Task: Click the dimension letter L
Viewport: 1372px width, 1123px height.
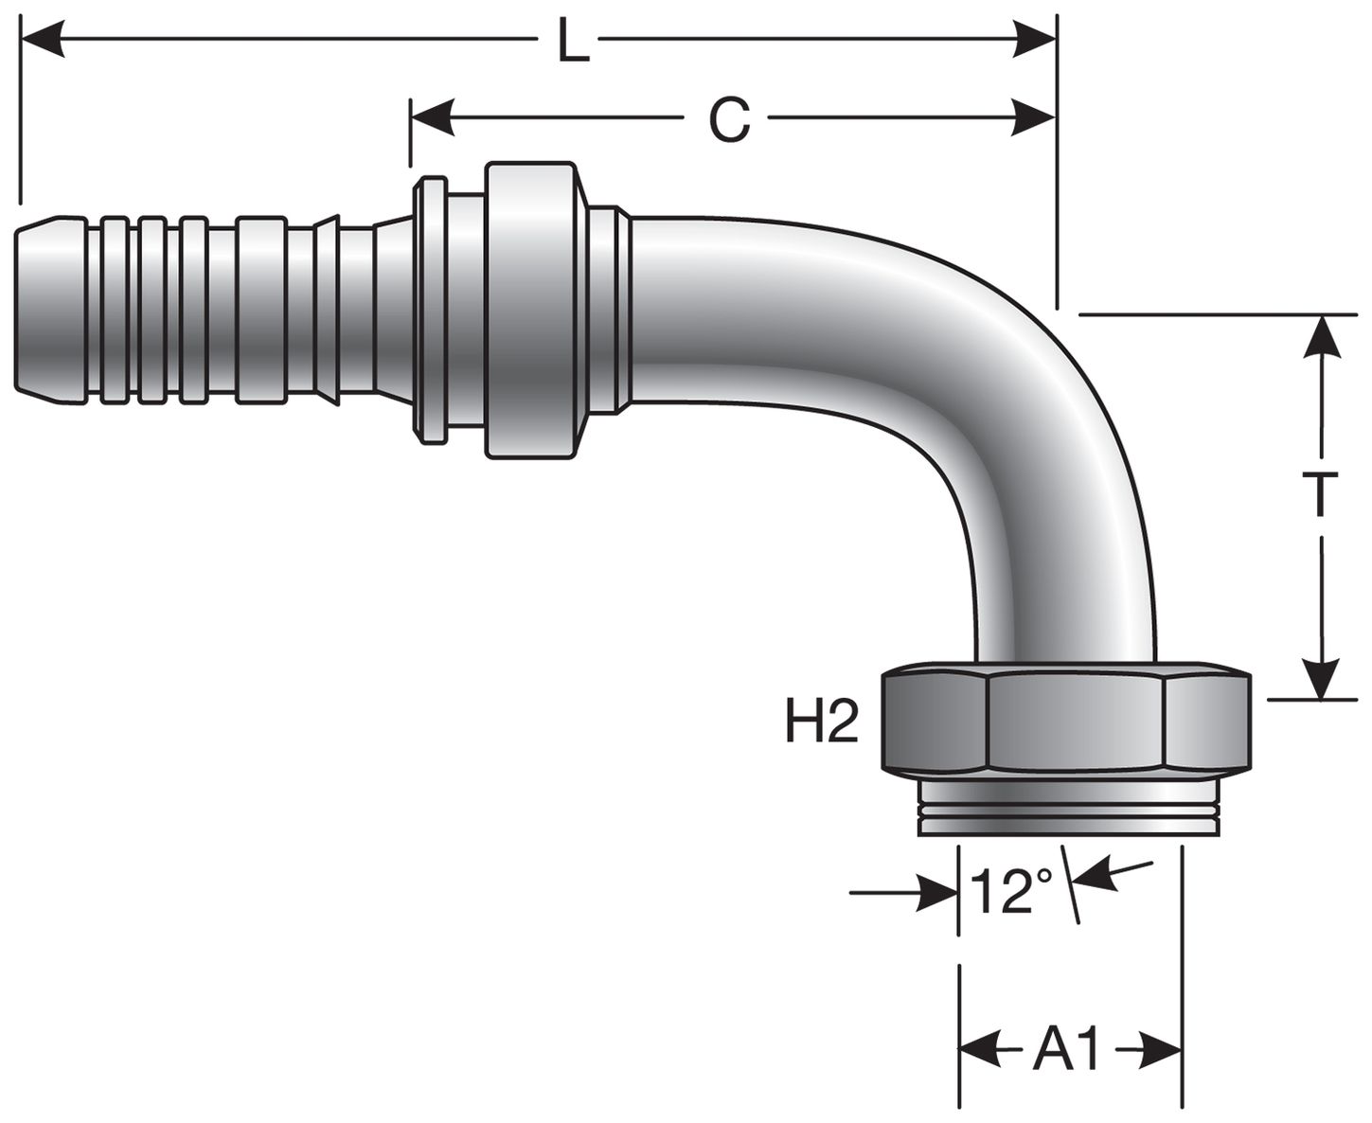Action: [x=571, y=42]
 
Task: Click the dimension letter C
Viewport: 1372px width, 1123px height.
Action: [x=729, y=120]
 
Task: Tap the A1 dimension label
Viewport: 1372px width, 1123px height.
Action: [x=1067, y=1050]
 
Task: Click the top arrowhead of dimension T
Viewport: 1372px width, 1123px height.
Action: [x=1320, y=336]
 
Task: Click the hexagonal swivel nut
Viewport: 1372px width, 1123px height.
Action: [x=1066, y=722]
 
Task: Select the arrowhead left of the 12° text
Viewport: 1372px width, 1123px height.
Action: [x=937, y=892]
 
